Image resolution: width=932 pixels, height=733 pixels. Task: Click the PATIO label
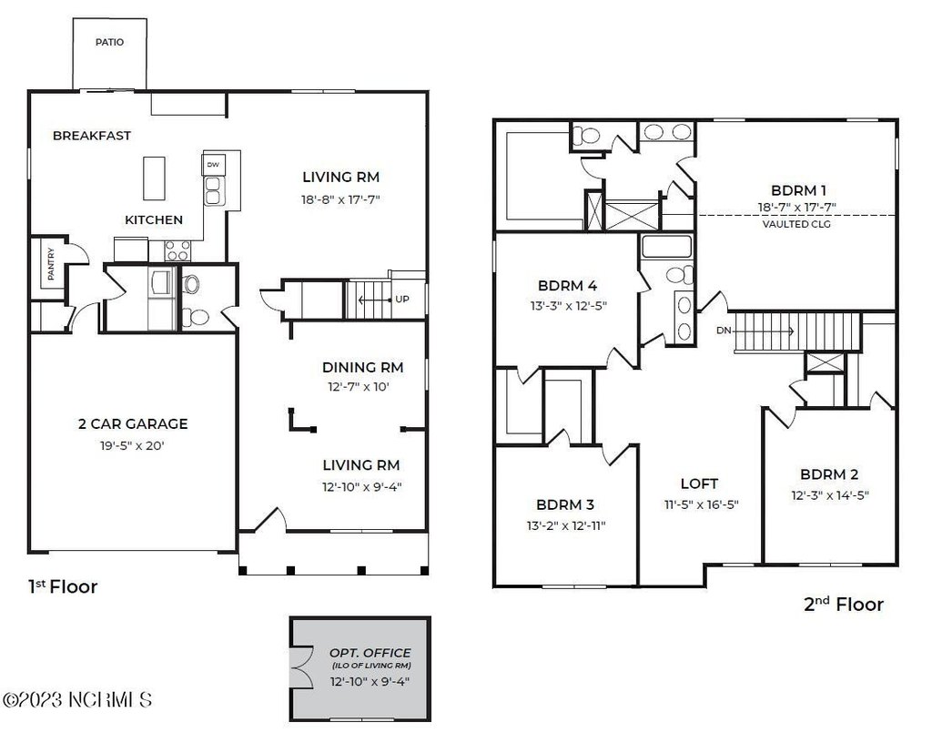tap(109, 42)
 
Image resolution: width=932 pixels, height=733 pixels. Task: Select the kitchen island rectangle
tap(154, 178)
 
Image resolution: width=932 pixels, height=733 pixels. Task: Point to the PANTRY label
tap(51, 263)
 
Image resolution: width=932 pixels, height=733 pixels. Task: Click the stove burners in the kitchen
tap(177, 250)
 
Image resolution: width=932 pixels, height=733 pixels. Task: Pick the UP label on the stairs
tap(402, 299)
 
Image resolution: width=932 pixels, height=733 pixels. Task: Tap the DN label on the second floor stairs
tap(724, 331)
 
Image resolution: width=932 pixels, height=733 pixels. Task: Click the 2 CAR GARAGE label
tap(133, 424)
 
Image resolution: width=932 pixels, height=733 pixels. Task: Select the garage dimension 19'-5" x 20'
tap(132, 445)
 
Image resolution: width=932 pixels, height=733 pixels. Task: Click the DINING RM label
tap(362, 367)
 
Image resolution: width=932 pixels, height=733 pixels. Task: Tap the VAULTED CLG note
tap(796, 224)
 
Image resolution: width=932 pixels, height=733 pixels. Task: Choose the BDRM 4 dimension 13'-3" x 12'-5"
tap(569, 306)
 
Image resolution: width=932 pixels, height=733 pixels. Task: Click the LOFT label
tap(699, 484)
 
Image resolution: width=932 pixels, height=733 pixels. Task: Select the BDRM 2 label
tap(829, 474)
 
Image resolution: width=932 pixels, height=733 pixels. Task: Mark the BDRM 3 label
tap(564, 504)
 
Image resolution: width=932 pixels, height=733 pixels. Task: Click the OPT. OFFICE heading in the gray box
tap(370, 653)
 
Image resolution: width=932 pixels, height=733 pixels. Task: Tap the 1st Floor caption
tap(63, 586)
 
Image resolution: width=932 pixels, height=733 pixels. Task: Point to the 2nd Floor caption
tap(844, 605)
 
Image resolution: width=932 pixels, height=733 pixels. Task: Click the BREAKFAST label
tap(92, 136)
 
